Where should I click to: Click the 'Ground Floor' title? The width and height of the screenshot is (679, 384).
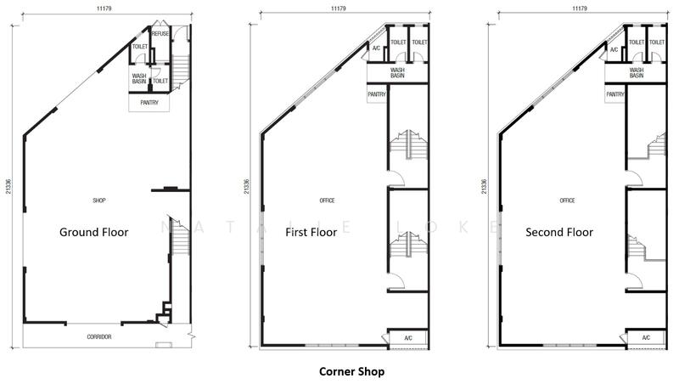tap(94, 232)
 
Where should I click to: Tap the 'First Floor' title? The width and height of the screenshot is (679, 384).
tap(311, 232)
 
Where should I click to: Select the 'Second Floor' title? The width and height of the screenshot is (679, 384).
tap(559, 232)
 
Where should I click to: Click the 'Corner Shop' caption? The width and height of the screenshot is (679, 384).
tap(351, 372)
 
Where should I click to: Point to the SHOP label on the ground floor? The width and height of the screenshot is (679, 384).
tap(99, 200)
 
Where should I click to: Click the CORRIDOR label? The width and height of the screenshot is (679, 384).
tap(99, 336)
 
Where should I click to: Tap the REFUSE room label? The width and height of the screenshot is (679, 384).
tap(160, 34)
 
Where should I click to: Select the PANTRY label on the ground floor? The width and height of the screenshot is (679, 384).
tap(149, 103)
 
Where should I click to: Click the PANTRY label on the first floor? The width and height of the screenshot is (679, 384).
tap(377, 94)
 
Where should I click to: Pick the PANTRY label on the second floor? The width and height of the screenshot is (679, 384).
tap(614, 94)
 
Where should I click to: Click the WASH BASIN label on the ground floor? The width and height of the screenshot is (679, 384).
tap(139, 78)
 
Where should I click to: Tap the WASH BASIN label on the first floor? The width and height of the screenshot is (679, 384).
tap(397, 73)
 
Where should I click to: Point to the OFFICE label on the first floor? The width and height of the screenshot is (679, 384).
tap(327, 200)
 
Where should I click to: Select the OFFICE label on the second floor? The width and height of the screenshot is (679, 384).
tap(567, 200)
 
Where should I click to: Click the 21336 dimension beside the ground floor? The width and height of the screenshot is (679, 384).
tap(8, 186)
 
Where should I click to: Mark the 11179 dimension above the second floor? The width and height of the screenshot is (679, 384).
tap(579, 8)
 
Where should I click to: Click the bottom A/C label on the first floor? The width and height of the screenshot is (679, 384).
tap(408, 338)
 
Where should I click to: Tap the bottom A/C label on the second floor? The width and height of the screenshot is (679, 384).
tap(646, 337)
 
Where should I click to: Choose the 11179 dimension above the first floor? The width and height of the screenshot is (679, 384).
tap(338, 8)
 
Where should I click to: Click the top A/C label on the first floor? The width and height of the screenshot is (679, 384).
tap(376, 48)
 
